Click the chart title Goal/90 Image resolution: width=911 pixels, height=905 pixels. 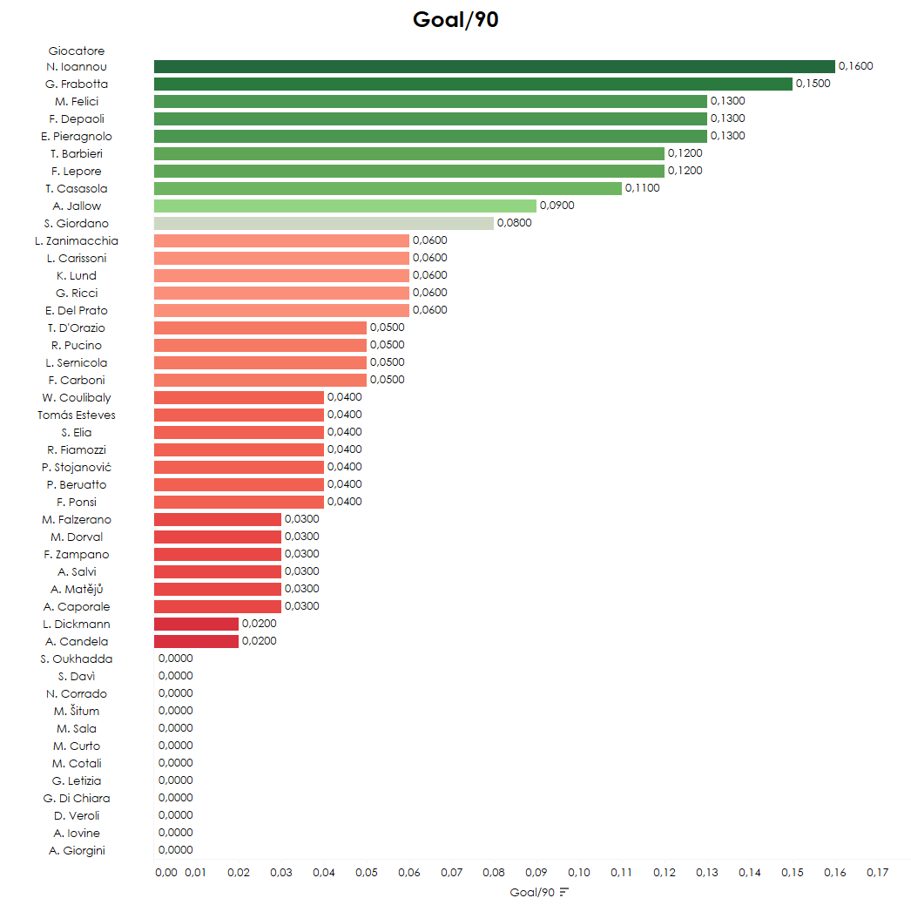pyautogui.click(x=455, y=20)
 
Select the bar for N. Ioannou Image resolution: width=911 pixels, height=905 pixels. pyautogui.click(x=494, y=66)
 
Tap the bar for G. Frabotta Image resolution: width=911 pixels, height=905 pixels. pyautogui.click(x=473, y=84)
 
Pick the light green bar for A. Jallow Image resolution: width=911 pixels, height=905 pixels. pyautogui.click(x=345, y=206)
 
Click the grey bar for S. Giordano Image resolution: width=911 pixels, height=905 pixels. pyautogui.click(x=323, y=223)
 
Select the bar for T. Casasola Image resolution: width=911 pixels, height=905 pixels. pyautogui.click(x=388, y=188)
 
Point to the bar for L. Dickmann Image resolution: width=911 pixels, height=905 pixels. pyautogui.click(x=196, y=624)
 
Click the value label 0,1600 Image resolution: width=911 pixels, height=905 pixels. pyautogui.click(x=855, y=66)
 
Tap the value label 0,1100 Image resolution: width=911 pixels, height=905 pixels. pyautogui.click(x=642, y=188)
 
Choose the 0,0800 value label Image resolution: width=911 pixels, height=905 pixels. pyautogui.click(x=514, y=223)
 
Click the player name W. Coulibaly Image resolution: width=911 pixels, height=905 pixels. pyautogui.click(x=77, y=397)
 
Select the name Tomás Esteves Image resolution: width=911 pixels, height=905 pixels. pyautogui.click(x=77, y=415)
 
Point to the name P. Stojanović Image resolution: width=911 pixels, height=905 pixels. pyautogui.click(x=77, y=467)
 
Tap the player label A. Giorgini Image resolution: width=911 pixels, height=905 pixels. pyautogui.click(x=77, y=850)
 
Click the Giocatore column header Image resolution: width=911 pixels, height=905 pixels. pyautogui.click(x=77, y=51)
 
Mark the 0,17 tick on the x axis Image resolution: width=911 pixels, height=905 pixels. pyautogui.click(x=877, y=872)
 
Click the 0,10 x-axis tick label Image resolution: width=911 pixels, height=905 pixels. pyautogui.click(x=579, y=872)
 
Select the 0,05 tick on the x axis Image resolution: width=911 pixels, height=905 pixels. pyautogui.click(x=367, y=872)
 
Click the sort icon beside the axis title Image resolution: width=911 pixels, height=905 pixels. pyautogui.click(x=564, y=892)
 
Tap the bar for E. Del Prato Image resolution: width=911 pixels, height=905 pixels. pyautogui.click(x=281, y=310)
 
